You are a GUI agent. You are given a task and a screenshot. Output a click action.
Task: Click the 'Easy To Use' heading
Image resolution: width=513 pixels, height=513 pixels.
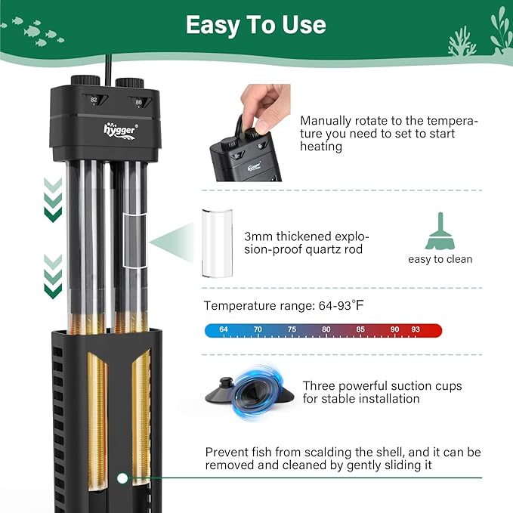tap(256, 25)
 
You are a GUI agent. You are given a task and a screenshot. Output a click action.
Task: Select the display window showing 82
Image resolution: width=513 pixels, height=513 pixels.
tap(94, 100)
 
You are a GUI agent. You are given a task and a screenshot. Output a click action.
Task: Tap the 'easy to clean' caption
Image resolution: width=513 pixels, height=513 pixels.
tap(440, 259)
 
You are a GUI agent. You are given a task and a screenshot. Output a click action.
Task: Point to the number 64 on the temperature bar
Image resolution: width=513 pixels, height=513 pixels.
tap(224, 330)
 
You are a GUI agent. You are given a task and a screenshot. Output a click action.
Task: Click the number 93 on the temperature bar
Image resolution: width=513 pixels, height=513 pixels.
tap(415, 330)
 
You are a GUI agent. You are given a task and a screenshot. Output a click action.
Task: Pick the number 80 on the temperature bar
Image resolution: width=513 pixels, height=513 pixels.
tap(326, 330)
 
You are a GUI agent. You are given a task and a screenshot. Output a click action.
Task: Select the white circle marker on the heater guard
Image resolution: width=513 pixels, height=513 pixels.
tap(121, 478)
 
